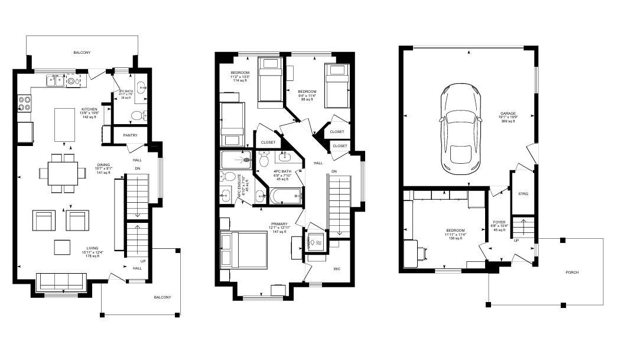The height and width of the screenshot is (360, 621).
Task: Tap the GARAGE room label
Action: point(508,113)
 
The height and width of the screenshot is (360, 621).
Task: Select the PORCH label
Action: point(571,273)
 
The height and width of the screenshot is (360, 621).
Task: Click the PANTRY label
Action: point(131,135)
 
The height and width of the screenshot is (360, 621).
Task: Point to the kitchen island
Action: point(64,124)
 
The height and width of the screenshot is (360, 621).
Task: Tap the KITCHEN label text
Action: point(89,109)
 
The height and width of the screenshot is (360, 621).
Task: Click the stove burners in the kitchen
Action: point(25,104)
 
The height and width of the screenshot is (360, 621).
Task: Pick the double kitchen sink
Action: point(56,80)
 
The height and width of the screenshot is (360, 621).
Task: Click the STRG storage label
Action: point(523,193)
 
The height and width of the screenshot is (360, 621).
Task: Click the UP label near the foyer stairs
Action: point(516,241)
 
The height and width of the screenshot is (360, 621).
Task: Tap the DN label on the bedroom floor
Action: point(334,171)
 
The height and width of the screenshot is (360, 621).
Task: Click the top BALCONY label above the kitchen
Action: point(82,53)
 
